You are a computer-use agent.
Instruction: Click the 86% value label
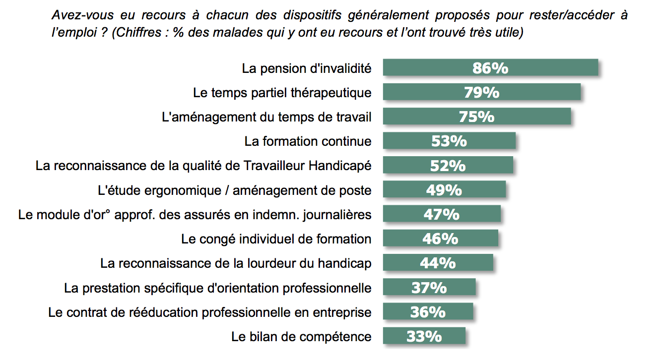490,68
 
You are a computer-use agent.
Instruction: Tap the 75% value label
476,117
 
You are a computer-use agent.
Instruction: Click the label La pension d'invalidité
306,68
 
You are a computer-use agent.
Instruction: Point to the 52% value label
448,166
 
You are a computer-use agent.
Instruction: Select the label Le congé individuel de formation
276,239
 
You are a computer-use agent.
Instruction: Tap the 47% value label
442,214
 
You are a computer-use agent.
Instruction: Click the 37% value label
429,288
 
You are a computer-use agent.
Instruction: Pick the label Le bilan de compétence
301,337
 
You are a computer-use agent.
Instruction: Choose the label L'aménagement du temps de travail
266,117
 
